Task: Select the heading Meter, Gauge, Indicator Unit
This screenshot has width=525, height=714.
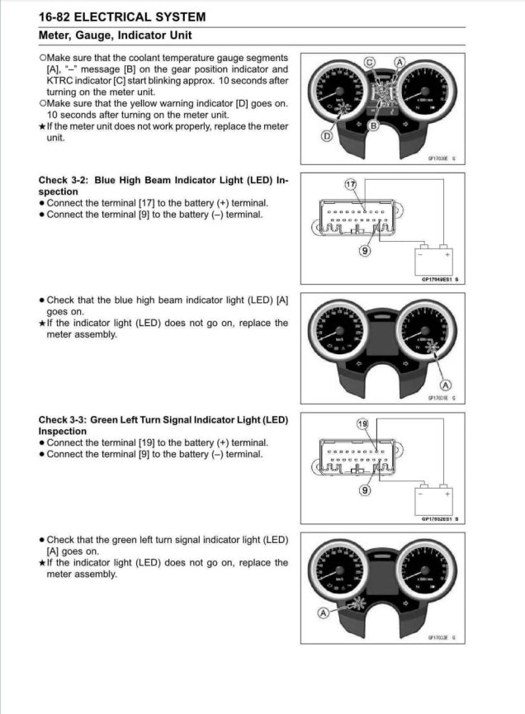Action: point(115,35)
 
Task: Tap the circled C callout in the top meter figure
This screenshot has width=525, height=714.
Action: point(369,62)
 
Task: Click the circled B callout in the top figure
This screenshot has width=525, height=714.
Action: point(373,125)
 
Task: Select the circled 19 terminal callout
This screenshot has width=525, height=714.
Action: point(362,423)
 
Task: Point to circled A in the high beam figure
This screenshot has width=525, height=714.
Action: point(447,384)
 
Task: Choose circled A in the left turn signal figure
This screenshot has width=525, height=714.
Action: point(324,612)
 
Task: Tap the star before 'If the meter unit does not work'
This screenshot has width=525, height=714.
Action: point(42,126)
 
